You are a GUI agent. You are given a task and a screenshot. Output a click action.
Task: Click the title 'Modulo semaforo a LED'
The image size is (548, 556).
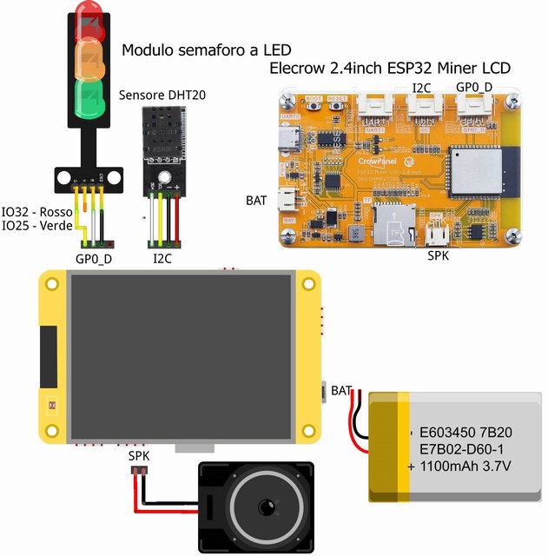(x=206, y=49)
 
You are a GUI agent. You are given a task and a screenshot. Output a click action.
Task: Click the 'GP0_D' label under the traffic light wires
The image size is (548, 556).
(x=94, y=258)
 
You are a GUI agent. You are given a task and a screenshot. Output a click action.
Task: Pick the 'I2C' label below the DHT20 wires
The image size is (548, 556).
(x=162, y=258)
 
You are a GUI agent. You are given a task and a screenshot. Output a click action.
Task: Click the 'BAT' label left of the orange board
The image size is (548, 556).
(x=256, y=201)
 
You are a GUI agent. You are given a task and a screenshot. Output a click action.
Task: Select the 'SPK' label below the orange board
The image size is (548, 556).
(x=439, y=256)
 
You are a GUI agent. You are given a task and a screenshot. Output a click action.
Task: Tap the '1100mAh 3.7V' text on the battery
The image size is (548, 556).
(x=467, y=466)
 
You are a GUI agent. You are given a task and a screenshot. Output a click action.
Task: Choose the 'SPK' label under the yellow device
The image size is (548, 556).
(x=139, y=455)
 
